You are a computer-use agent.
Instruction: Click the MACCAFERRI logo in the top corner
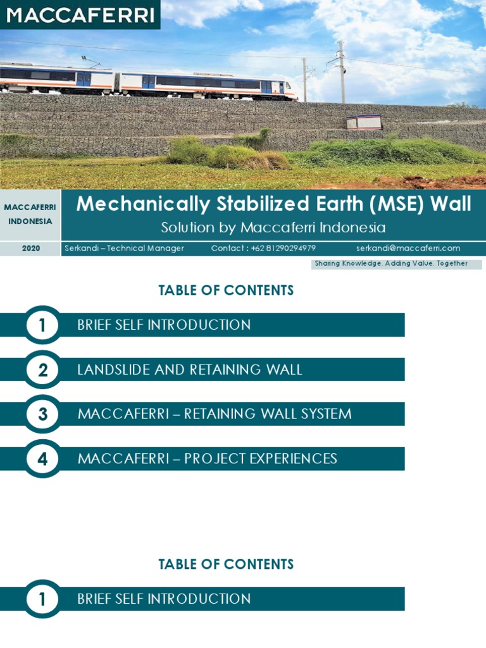[x=80, y=15]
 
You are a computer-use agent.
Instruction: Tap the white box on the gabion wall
[x=364, y=121]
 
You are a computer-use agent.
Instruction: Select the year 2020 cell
[x=30, y=249]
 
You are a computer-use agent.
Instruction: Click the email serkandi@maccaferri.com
[x=408, y=249]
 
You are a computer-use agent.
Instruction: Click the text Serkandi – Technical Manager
[x=124, y=249]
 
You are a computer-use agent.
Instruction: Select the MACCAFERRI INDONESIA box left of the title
[x=30, y=215]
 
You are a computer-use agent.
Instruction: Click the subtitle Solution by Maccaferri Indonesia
[x=273, y=228]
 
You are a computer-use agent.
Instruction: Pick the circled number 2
[x=42, y=370]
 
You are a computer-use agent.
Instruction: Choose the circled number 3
[x=42, y=414]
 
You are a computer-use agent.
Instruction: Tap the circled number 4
[x=42, y=459]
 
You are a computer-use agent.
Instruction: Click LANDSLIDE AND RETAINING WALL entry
[x=189, y=370]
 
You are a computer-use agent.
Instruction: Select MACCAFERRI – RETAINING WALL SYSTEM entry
[x=214, y=414]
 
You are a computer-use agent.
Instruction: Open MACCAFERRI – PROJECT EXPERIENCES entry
[x=207, y=459]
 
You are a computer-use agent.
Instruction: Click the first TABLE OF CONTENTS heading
[x=226, y=290]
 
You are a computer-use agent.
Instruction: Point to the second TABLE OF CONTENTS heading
[x=226, y=564]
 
